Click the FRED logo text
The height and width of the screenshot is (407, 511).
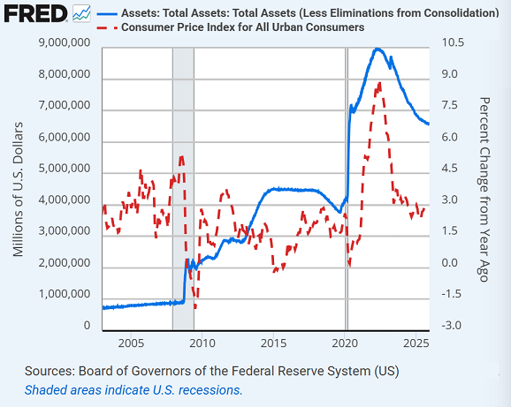(34, 13)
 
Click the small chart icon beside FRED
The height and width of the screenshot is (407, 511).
(81, 13)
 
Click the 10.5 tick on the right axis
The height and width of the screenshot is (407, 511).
(451, 43)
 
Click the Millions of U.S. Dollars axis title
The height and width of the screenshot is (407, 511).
(19, 185)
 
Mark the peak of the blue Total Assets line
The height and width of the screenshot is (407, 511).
(378, 49)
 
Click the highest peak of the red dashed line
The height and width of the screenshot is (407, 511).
(379, 83)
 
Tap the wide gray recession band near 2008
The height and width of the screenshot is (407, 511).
(183, 177)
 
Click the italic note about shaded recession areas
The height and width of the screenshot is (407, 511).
(133, 389)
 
